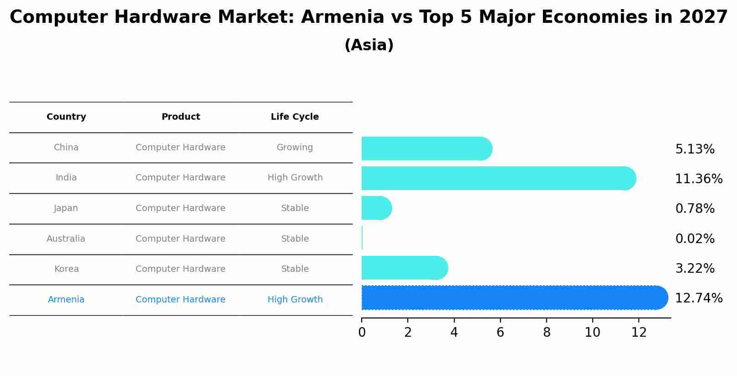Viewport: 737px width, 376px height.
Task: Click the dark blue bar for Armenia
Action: tap(511, 298)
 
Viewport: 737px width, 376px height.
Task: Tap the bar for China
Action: tap(425, 148)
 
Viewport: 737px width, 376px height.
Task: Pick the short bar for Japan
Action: tap(376, 208)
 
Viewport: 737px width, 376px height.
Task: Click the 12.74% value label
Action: tap(698, 298)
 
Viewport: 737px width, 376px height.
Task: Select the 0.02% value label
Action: tap(695, 238)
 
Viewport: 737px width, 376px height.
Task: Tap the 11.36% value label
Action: tap(698, 179)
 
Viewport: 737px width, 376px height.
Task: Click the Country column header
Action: tap(66, 117)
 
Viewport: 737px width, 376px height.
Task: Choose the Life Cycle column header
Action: tap(295, 117)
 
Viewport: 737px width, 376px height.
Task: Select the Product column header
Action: tap(180, 117)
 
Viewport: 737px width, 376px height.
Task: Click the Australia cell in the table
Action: tap(66, 239)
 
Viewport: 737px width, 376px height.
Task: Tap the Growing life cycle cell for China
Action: tap(295, 148)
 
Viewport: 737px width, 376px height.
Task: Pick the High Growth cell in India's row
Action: tap(295, 178)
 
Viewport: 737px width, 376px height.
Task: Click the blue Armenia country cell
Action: tap(66, 300)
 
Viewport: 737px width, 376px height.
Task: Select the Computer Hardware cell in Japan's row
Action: tap(180, 208)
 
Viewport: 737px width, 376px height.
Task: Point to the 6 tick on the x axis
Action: tap(500, 333)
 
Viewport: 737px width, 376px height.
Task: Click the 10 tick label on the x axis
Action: tap(592, 333)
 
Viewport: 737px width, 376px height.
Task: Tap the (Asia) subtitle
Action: tap(369, 45)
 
